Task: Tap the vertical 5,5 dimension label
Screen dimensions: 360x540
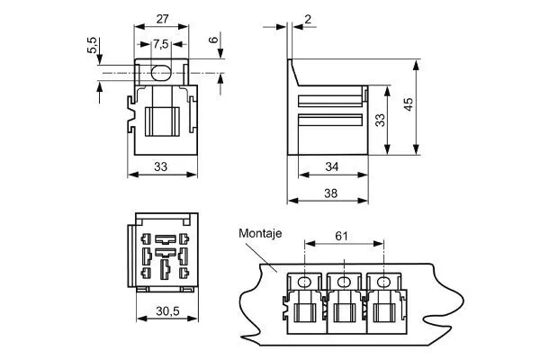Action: tap(93, 46)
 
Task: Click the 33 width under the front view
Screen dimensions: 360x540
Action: tap(160, 166)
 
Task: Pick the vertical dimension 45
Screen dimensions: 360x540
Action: tap(409, 105)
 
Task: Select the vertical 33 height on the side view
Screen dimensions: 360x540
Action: tap(381, 119)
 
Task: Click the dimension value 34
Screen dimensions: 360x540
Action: tap(330, 166)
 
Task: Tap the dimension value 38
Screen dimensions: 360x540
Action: tap(330, 193)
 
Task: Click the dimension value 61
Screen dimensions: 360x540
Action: tap(343, 236)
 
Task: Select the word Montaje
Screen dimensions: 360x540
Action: tap(261, 233)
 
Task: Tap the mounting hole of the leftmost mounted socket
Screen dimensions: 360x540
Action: tap(304, 283)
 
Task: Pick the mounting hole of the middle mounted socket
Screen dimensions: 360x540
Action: tap(344, 283)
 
